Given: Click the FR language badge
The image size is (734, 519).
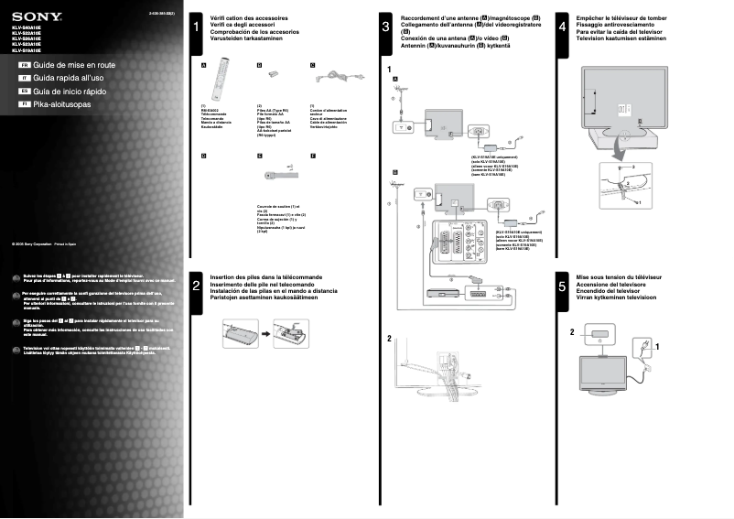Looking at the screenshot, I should [24, 66].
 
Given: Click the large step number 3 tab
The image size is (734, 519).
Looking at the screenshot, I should [386, 28].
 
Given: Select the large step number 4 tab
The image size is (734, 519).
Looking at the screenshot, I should [561, 28].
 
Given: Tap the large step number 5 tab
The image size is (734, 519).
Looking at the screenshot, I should [561, 287].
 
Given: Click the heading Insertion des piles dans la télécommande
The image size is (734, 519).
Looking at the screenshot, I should [264, 276].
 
